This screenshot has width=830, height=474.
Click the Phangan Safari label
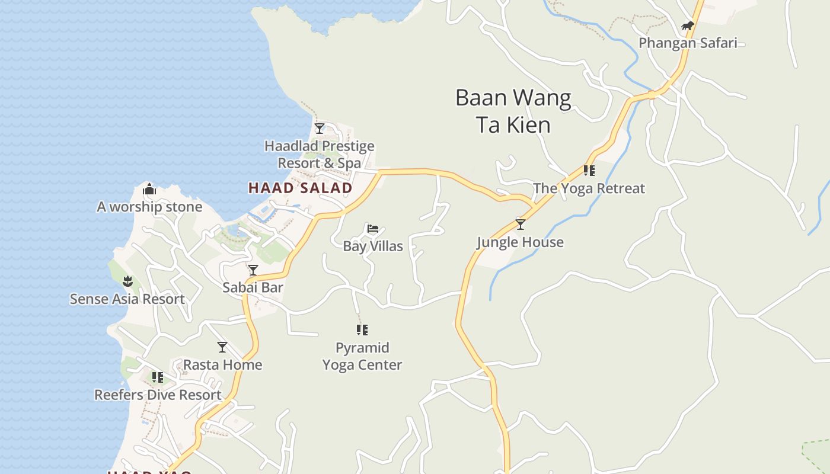[x=688, y=43]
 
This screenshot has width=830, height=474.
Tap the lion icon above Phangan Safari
[x=687, y=26]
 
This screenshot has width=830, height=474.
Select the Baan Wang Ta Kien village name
[x=513, y=111]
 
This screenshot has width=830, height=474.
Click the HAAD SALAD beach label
[x=300, y=188]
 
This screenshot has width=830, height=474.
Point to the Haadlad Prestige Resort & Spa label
[x=320, y=154]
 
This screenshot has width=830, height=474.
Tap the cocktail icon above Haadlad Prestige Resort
[x=320, y=129]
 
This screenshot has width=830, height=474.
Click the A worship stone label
[x=149, y=207]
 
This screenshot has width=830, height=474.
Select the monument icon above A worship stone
[x=149, y=190]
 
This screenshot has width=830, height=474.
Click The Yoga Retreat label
[x=589, y=188]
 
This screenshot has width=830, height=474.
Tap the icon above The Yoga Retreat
[x=589, y=171]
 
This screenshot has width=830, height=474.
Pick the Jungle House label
[x=521, y=242]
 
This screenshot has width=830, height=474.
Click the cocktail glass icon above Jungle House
[x=521, y=225]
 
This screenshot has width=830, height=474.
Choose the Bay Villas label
[x=373, y=246]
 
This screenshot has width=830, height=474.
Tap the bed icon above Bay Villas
[x=373, y=229]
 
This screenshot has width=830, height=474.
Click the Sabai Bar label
[x=253, y=287]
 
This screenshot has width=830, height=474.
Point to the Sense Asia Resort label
[x=127, y=299]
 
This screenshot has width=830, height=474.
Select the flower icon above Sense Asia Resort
[x=127, y=281]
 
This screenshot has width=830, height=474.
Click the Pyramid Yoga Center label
[x=362, y=356]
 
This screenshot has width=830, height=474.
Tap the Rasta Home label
[x=222, y=364]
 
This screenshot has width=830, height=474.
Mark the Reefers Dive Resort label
[x=158, y=395]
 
